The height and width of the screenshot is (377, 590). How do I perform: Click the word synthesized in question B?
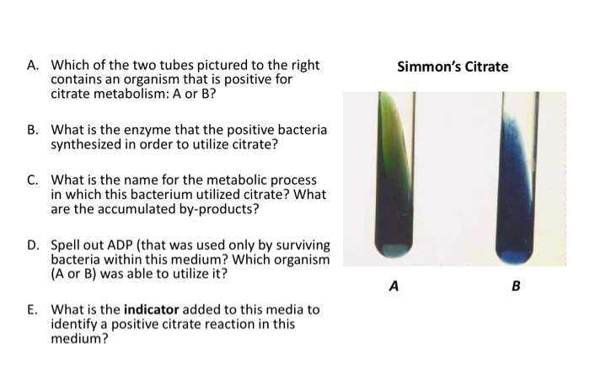tap(88, 144)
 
